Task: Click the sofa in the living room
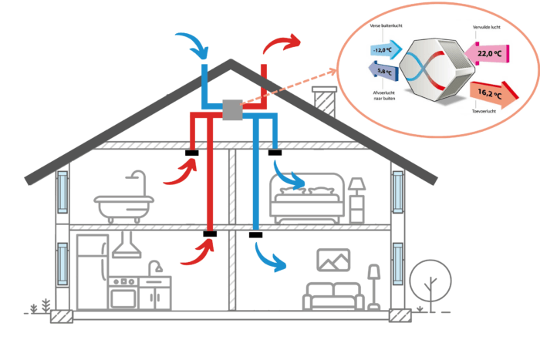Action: click(332, 295)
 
